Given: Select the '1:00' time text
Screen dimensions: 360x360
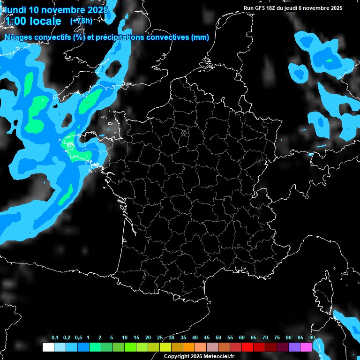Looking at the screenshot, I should [x=15, y=21].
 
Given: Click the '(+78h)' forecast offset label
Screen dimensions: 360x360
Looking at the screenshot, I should [x=81, y=21].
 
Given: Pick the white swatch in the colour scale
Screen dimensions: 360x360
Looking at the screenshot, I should [x=48, y=347].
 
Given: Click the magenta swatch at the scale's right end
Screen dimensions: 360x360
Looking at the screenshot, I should [x=306, y=347].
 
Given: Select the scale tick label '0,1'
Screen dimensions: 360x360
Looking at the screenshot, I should [x=55, y=338].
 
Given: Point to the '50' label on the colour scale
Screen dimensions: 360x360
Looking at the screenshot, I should [x=218, y=338].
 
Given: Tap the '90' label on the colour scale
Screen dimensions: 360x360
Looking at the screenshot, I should [x=312, y=338].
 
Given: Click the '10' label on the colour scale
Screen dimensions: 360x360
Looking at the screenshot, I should [x=125, y=338].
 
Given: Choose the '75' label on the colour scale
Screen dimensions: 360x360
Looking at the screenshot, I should [x=277, y=338].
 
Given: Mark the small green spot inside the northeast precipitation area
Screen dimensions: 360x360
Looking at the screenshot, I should [x=329, y=60].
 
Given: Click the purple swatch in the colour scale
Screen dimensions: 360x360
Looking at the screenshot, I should [x=294, y=347].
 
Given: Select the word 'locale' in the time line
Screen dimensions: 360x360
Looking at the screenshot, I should [x=45, y=21].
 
